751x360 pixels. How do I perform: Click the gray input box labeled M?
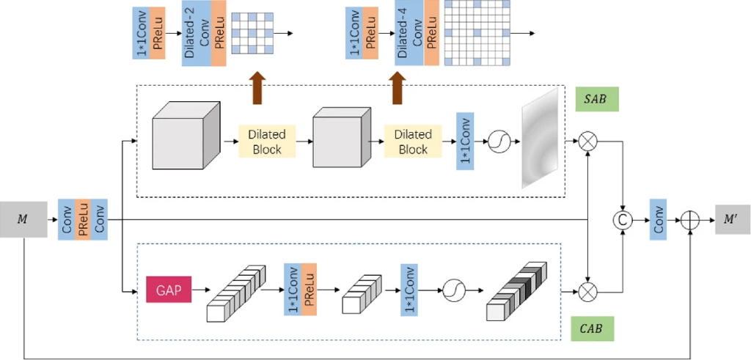pyautogui.click(x=22, y=218)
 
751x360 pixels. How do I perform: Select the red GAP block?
pyautogui.click(x=169, y=290)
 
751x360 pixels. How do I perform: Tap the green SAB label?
pyautogui.click(x=598, y=100)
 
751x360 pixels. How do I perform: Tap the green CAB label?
pyautogui.click(x=592, y=328)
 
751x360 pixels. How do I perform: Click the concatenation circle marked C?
pyautogui.click(x=623, y=218)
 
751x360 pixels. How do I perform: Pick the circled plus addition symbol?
pyautogui.click(x=690, y=218)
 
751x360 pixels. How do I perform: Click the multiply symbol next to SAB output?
pyautogui.click(x=587, y=142)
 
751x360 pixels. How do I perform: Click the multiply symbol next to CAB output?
pyautogui.click(x=587, y=291)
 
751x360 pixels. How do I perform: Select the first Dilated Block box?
pyautogui.click(x=266, y=142)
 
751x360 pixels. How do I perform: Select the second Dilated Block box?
pyautogui.click(x=412, y=142)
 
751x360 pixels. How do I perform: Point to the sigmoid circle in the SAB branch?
pyautogui.click(x=499, y=142)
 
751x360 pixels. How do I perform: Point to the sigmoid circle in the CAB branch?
pyautogui.click(x=453, y=291)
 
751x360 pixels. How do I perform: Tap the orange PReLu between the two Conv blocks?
pyautogui.click(x=82, y=218)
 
